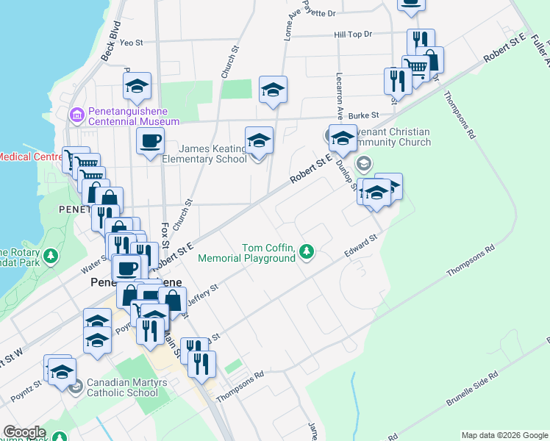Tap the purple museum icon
point(76,115)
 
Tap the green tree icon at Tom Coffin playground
point(306,253)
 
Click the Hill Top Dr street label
point(353,35)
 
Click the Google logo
point(24,432)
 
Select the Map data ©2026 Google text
point(504,435)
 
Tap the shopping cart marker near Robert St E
point(417,68)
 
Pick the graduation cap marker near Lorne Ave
point(274,90)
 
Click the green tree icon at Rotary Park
point(51,257)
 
